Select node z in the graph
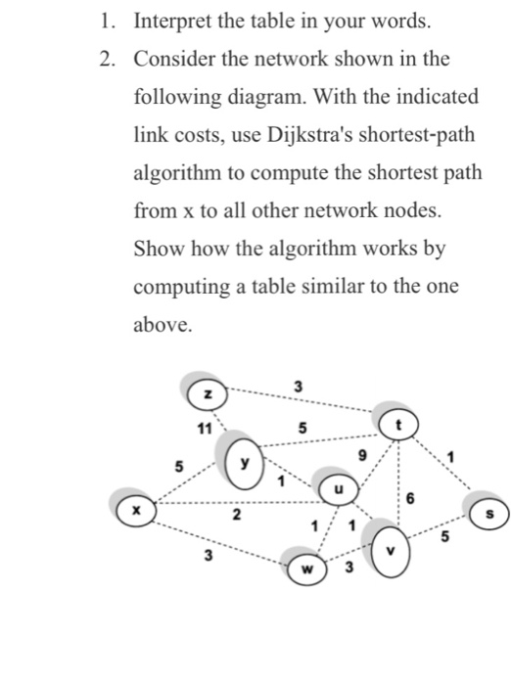click(x=207, y=392)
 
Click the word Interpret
click(x=174, y=20)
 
